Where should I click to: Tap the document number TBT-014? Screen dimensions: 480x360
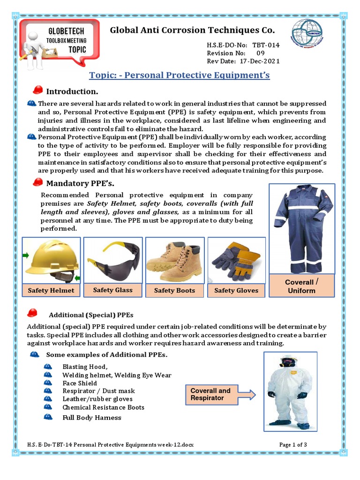click(266, 45)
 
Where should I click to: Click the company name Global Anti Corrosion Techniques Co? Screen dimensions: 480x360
click(192, 30)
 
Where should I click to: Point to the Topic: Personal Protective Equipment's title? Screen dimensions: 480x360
click(180, 75)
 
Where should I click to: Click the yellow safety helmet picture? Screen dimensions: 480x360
click(52, 261)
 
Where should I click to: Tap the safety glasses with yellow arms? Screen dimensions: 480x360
click(113, 260)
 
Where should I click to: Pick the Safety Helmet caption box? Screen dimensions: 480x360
click(51, 290)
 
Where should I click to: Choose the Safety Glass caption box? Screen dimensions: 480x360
click(113, 290)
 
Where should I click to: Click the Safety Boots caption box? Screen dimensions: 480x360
click(174, 290)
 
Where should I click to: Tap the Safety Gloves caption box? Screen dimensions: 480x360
click(236, 290)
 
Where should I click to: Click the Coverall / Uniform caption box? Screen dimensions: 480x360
click(301, 286)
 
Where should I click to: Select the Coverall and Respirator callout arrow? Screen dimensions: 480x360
click(220, 394)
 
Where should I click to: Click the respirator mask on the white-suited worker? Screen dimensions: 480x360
click(288, 362)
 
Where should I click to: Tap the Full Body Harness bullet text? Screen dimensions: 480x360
click(92, 417)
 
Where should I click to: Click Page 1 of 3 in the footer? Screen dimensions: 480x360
click(293, 444)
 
